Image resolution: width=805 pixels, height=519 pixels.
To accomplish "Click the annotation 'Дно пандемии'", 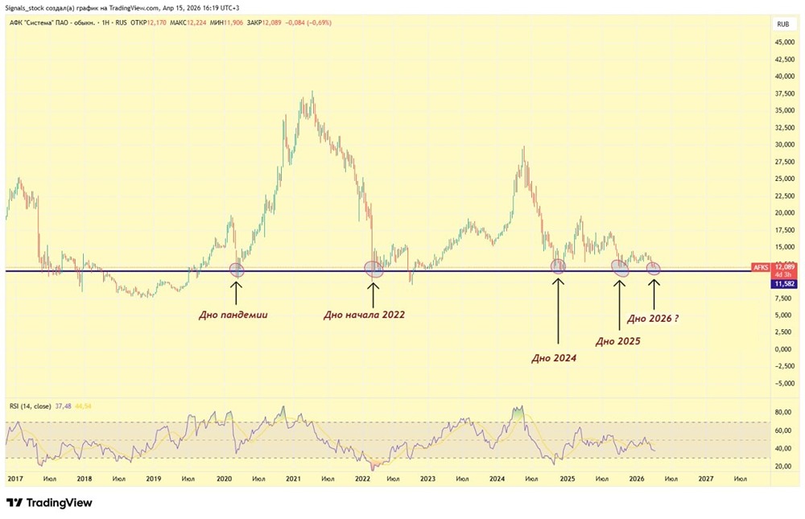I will tap(233, 315).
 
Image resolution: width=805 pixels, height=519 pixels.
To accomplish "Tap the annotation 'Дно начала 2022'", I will tap(364, 315).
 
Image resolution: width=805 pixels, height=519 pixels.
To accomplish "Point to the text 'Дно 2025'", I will tap(617, 341).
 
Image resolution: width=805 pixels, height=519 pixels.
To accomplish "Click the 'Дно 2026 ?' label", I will tap(652, 319).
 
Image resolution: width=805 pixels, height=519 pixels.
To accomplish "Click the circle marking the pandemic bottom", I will tap(237, 270).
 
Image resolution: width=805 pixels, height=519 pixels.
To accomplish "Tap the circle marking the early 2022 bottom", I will tap(374, 269).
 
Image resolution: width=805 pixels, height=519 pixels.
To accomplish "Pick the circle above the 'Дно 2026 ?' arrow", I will tap(654, 268).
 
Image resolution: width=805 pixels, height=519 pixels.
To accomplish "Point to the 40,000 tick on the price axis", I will tap(783, 76).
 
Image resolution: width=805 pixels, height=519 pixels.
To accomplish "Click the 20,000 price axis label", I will tap(783, 213).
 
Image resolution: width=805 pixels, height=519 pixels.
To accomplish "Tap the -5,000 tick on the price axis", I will tap(782, 384).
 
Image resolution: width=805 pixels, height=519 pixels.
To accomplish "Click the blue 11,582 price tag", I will tap(784, 284).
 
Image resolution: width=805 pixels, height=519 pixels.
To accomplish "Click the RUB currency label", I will tap(782, 24).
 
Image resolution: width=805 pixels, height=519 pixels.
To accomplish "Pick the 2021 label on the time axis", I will tap(293, 479).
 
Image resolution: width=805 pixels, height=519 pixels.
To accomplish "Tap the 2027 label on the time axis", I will tap(705, 479).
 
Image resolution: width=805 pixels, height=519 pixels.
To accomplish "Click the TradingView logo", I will tap(49, 503).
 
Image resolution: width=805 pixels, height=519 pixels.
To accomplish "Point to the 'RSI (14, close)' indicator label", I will tap(28, 406).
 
